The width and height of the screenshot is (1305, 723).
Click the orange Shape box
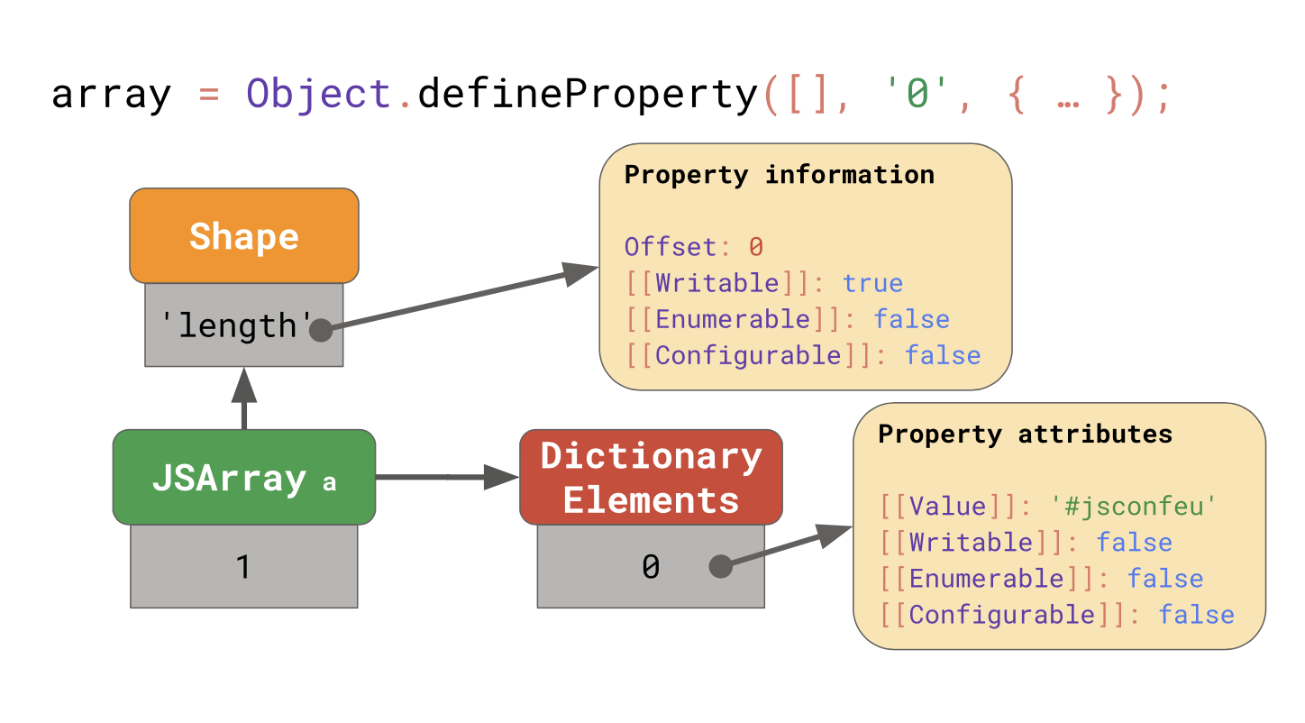(243, 236)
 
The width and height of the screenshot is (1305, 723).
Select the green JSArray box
(243, 477)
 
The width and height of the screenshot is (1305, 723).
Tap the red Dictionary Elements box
(651, 477)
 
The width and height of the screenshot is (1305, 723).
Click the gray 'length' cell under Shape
(236, 325)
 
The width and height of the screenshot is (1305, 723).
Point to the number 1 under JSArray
(242, 567)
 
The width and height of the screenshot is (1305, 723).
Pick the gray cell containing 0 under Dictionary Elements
(650, 567)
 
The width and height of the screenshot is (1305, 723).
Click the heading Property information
(779, 174)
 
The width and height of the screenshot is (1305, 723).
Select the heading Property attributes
(1025, 434)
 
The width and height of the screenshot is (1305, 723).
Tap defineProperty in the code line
(588, 95)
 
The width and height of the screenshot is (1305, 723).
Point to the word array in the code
(110, 95)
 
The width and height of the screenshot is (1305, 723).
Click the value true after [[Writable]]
(872, 283)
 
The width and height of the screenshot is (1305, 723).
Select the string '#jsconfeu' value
(1134, 507)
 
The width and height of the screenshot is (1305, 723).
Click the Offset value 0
(756, 247)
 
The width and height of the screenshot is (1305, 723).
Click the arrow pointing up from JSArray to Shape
(244, 397)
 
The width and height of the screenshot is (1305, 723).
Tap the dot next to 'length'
(321, 331)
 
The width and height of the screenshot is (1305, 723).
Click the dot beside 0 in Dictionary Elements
(720, 566)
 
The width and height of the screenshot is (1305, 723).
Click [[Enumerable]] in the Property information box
(734, 319)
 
